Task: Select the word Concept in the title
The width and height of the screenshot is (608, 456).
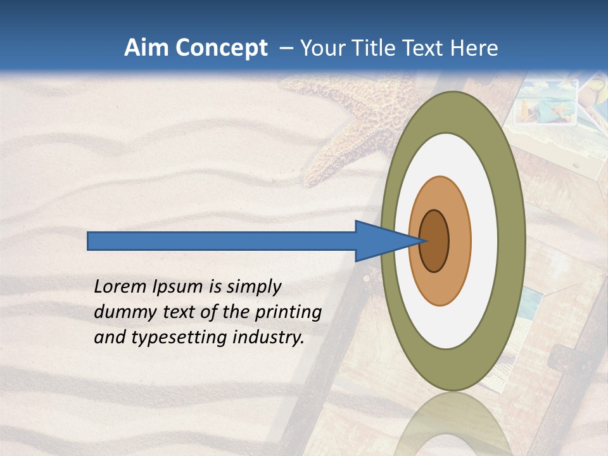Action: point(222,49)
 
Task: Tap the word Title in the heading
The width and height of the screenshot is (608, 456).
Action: point(380,48)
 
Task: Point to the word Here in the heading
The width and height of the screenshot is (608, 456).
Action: point(474,48)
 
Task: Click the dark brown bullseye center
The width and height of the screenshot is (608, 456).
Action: point(434,241)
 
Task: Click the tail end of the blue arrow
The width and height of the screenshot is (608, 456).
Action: point(89,241)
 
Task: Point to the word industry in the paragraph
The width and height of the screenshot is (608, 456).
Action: point(269,338)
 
